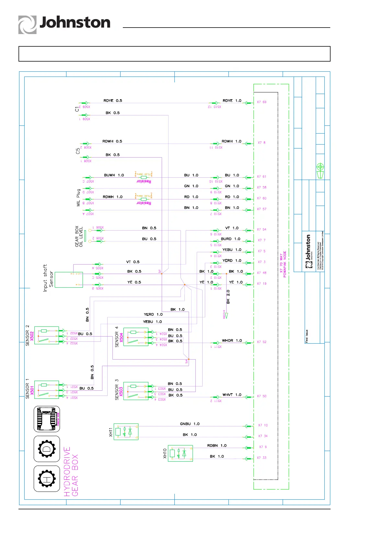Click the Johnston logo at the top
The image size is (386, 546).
pyautogui.click(x=64, y=24)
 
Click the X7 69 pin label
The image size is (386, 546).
pyautogui.click(x=262, y=102)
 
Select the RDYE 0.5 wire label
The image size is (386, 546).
pyautogui.click(x=113, y=101)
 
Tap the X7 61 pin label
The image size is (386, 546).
pyautogui.click(x=262, y=177)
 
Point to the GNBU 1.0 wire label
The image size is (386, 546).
pyautogui.click(x=190, y=424)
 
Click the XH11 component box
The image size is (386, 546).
pyautogui.click(x=126, y=432)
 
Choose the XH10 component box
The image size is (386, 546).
pyautogui.click(x=180, y=453)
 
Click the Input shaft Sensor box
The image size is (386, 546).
pyautogui.click(x=69, y=279)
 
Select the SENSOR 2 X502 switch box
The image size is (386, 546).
pyautogui.click(x=47, y=335)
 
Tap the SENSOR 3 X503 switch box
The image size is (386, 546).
pyautogui.click(x=136, y=391)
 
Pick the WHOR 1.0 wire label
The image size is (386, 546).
pyautogui.click(x=232, y=340)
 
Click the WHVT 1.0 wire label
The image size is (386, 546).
pyautogui.click(x=232, y=395)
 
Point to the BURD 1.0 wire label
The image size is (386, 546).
pyautogui.click(x=230, y=239)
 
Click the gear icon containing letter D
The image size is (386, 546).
pyautogui.click(x=47, y=449)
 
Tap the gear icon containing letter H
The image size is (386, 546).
pyautogui.click(x=47, y=479)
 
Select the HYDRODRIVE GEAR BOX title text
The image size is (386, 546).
pyautogui.click(x=71, y=472)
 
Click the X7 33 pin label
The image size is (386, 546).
pyautogui.click(x=262, y=458)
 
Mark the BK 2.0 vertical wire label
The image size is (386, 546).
pyautogui.click(x=228, y=297)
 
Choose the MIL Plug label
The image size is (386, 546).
pyautogui.click(x=78, y=198)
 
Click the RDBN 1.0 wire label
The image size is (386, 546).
pyautogui.click(x=217, y=445)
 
